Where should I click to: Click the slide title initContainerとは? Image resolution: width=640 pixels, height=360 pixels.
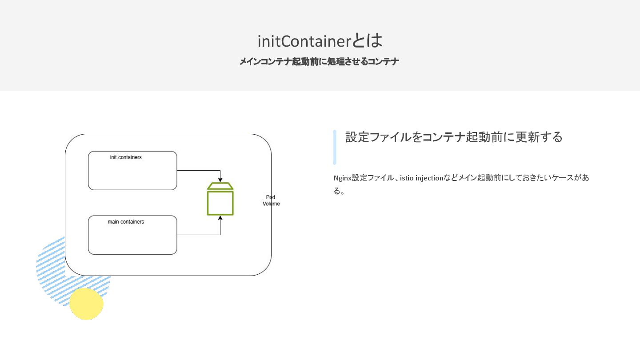[320, 41]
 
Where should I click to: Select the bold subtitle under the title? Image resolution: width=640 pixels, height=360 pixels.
[319, 62]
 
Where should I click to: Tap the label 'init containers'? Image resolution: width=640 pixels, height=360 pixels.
[126, 157]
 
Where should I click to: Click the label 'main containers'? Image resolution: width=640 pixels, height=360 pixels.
[126, 222]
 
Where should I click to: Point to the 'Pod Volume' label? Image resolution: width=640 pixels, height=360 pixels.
[271, 200]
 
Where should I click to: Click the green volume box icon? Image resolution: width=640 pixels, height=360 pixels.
[220, 203]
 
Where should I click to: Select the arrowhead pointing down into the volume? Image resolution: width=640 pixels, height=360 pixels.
[220, 179]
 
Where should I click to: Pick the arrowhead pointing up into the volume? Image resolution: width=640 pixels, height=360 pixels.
[220, 219]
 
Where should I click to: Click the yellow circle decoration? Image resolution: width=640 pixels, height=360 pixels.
[86, 304]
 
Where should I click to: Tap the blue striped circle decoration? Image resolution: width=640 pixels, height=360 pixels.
[51, 267]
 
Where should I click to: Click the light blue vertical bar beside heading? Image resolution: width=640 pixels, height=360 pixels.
[335, 147]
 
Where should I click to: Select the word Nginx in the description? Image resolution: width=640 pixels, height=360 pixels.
[342, 178]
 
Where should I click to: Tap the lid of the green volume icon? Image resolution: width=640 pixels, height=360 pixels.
[220, 186]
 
